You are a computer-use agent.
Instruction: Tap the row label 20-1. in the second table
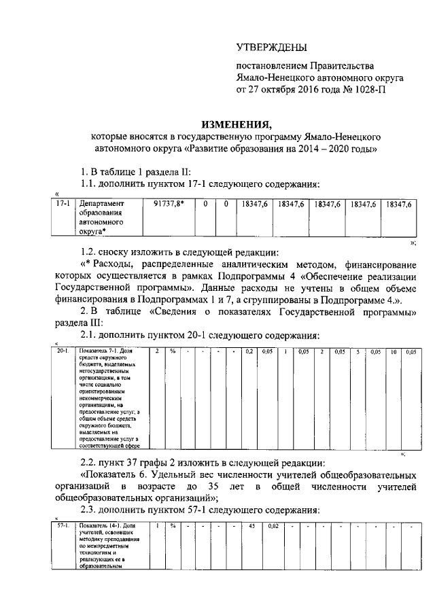tap(63, 351)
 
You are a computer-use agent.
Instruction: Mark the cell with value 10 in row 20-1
tap(393, 351)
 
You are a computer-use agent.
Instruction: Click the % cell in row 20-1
tap(173, 351)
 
